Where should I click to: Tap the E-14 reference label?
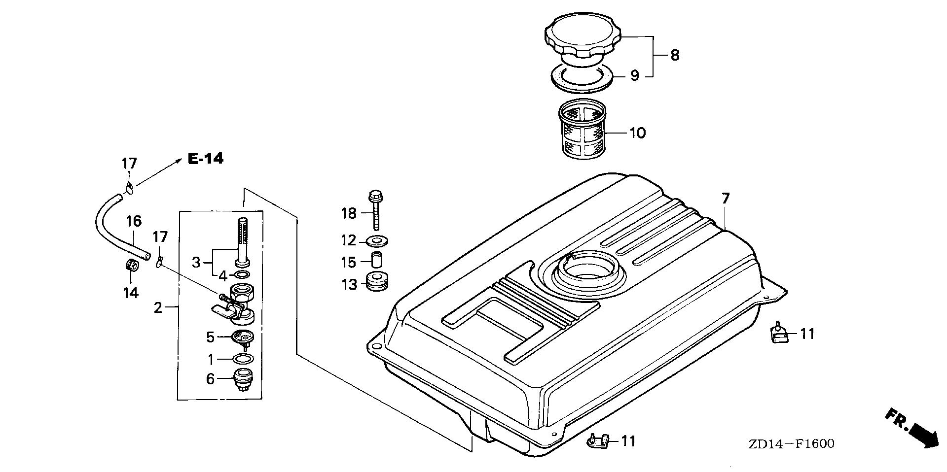(x=205, y=159)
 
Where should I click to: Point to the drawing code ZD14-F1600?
(x=791, y=444)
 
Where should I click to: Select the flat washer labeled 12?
(x=378, y=241)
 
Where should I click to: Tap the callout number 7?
(x=725, y=199)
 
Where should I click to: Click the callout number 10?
(x=637, y=133)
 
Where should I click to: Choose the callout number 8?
(x=674, y=56)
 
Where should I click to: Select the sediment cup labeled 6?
(x=242, y=380)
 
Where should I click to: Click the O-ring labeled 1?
(x=242, y=358)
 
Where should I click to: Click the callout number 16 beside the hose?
(x=134, y=221)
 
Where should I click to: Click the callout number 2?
(x=158, y=308)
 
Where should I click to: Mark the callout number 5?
(x=210, y=337)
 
